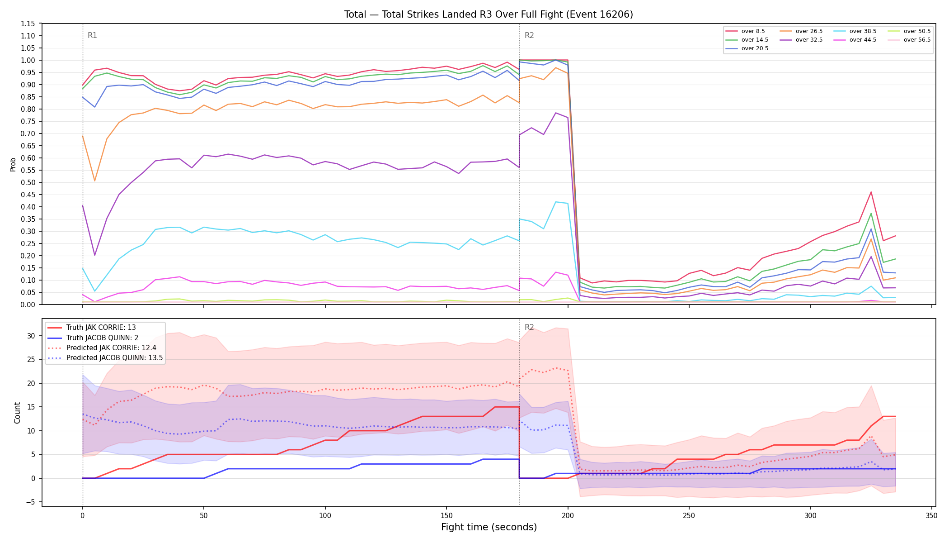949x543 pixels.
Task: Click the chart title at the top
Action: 489,14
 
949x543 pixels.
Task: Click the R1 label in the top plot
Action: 92,36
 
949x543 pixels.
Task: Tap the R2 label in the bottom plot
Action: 529,327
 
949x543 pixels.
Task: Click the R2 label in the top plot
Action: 529,36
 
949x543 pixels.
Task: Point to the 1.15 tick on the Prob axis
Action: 28,24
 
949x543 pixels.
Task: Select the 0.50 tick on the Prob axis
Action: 28,183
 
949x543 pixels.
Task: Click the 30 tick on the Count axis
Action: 31,336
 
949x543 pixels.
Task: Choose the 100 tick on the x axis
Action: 325,516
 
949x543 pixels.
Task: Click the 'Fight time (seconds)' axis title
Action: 489,527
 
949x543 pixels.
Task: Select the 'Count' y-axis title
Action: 17,413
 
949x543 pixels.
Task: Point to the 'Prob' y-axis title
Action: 13,164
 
